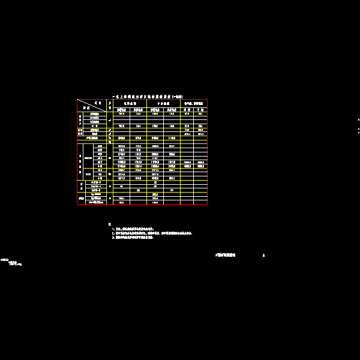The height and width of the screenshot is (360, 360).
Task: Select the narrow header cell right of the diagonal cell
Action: [x=110, y=105]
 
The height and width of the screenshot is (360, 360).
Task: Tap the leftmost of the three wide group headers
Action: [x=130, y=103]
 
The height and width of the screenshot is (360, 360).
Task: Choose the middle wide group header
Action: [x=163, y=103]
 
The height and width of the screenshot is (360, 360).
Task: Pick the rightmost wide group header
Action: [x=194, y=103]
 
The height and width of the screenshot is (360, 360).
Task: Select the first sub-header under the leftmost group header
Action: [x=122, y=109]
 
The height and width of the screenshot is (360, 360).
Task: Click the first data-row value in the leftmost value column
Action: [x=122, y=113]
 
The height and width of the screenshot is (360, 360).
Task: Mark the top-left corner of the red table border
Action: [x=77, y=100]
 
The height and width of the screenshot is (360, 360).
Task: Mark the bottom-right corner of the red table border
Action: [x=208, y=205]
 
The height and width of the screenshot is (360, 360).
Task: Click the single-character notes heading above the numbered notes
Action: [x=110, y=224]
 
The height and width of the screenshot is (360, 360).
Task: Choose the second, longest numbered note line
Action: [x=152, y=233]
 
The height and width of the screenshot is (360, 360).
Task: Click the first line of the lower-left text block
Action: [x=4, y=259]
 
